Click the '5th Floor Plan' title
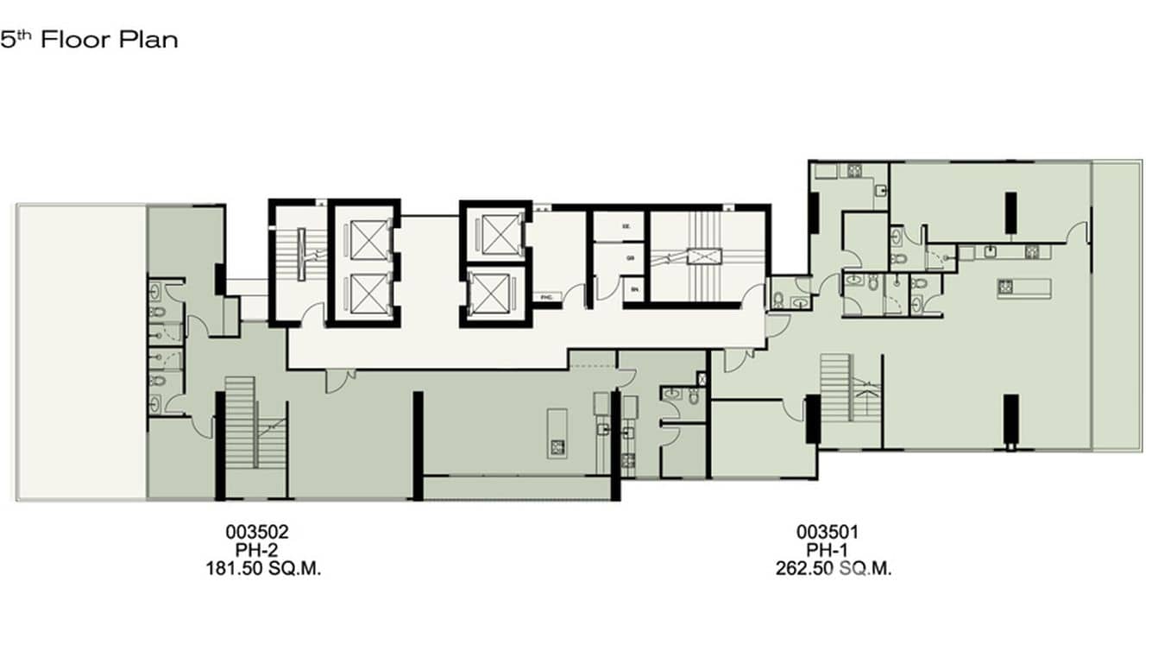[x=89, y=40]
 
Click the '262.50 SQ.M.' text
[x=833, y=569]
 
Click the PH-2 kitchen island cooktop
[x=557, y=446]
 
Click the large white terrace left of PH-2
[x=80, y=351]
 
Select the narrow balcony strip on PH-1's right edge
[x=1117, y=304]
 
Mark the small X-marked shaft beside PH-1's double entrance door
[x=701, y=378]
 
